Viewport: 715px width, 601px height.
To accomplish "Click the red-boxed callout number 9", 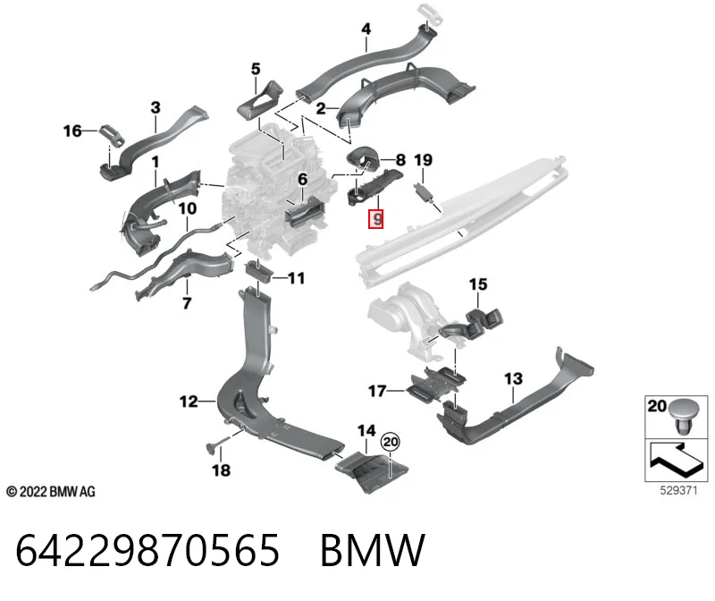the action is click(x=376, y=219).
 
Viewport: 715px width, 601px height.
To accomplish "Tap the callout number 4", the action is click(x=366, y=30).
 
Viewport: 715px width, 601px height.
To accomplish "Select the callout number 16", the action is click(x=72, y=131).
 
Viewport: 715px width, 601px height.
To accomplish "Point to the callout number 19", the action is click(x=423, y=160).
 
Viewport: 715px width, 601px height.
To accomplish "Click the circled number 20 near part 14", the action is click(x=391, y=442).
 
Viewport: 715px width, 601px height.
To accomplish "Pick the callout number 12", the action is click(x=189, y=402).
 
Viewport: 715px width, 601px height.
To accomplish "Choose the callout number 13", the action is click(x=513, y=379).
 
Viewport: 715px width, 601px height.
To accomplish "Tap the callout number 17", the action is click(x=377, y=391).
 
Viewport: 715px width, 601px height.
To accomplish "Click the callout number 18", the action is click(x=221, y=470).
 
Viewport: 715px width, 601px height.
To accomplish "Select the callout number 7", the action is click(x=187, y=303).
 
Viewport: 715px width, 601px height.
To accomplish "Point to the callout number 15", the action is click(x=478, y=284).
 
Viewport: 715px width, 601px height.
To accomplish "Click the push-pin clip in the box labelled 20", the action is click(x=682, y=417).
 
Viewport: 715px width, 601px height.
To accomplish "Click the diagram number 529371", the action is click(x=678, y=491).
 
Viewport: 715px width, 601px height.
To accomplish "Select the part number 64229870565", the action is click(x=147, y=550).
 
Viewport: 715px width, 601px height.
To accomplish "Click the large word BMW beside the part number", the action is click(x=373, y=550).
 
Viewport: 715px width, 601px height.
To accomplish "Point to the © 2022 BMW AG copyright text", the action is click(x=51, y=492).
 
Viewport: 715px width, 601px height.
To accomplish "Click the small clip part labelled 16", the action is click(x=113, y=135).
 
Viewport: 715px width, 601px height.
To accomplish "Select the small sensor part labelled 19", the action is click(x=424, y=192).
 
